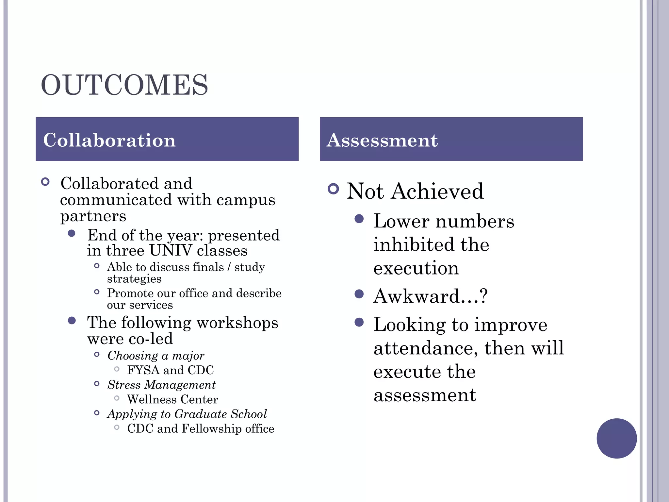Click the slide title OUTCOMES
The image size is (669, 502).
coord(124,85)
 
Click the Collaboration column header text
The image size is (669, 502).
coord(109,140)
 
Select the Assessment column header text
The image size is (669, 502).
coord(382,140)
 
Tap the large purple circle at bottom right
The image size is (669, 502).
coord(616,438)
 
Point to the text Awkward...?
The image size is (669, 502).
coord(430,296)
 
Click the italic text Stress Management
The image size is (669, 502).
coord(161,385)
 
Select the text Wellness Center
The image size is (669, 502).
coord(172,399)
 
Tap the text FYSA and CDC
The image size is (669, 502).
coord(170,370)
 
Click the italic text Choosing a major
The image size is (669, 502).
coord(156,356)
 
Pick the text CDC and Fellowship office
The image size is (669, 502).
coord(201,428)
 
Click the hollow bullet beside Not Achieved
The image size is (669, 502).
coord(333,189)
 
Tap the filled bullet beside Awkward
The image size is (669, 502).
coord(359,294)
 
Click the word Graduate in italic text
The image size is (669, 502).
coord(201,414)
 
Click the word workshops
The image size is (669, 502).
coord(237,323)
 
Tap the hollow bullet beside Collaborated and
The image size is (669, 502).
coord(45,182)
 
